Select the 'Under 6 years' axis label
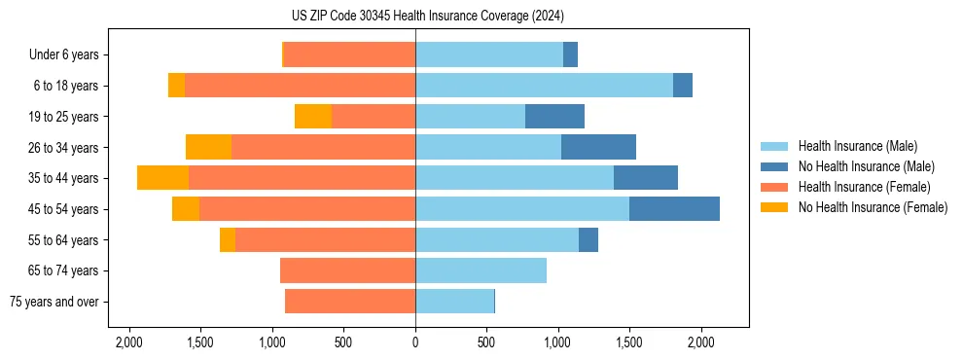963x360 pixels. (64, 54)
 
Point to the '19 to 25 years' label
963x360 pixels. (63, 117)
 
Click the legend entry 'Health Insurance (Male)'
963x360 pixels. (857, 146)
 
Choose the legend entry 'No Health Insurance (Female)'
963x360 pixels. (873, 207)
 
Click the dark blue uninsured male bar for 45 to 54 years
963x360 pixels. (674, 209)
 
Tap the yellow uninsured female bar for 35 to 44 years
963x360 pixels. (162, 178)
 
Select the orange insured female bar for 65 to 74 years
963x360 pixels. (347, 270)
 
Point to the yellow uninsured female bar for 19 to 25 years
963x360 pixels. (313, 117)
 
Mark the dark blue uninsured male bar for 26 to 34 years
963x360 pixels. (598, 147)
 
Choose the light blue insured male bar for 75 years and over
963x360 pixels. (454, 302)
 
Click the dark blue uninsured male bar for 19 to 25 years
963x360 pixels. (554, 117)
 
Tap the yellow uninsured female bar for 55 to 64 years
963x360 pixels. (228, 240)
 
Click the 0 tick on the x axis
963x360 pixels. (415, 343)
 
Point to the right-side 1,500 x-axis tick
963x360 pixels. (629, 343)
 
